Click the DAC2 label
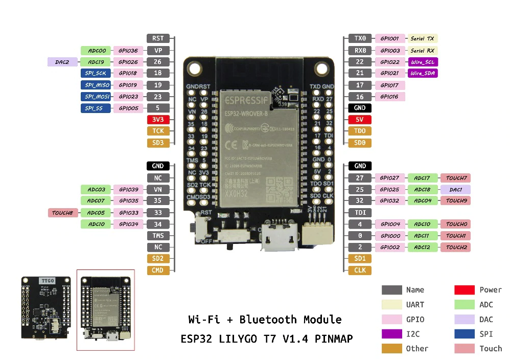[x=62, y=62]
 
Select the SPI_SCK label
[x=96, y=73]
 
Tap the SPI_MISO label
[x=96, y=85]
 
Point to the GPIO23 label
[x=128, y=97]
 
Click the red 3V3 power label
[x=158, y=120]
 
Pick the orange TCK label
[x=158, y=131]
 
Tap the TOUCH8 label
[x=62, y=213]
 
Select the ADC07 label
[x=96, y=201]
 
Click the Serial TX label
[x=422, y=38]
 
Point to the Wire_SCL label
[x=423, y=62]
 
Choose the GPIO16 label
[x=389, y=97]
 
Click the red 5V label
[x=360, y=120]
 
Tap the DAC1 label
[x=455, y=189]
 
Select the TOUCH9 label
[x=455, y=201]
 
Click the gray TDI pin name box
[x=360, y=213]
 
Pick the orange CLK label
[x=360, y=270]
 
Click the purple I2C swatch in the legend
[x=391, y=334]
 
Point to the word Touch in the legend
[x=491, y=349]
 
